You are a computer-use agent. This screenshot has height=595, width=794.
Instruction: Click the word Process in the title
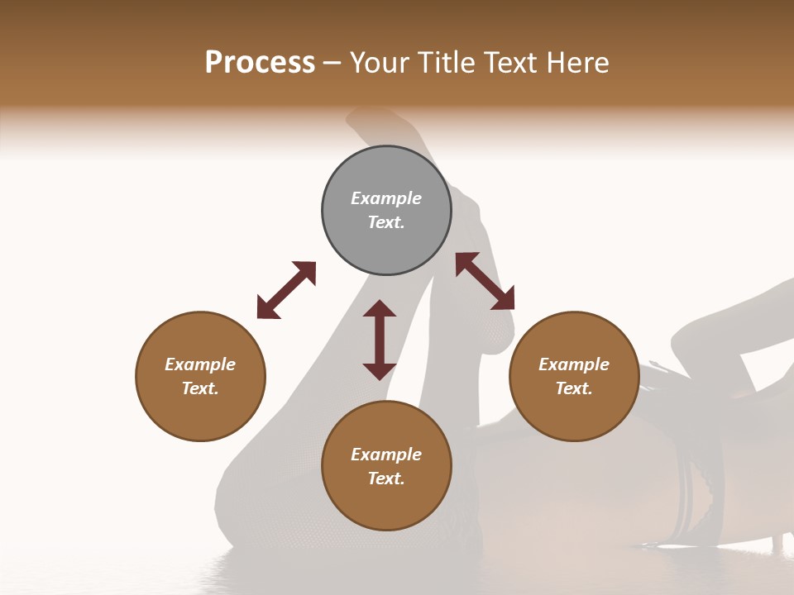[x=260, y=63]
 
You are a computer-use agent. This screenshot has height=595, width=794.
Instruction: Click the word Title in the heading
[x=444, y=63]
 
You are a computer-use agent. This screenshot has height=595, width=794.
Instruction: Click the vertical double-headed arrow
[x=380, y=340]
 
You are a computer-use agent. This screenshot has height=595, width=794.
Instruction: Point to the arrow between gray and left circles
[x=286, y=290]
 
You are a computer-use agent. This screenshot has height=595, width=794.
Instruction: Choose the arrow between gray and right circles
[x=485, y=281]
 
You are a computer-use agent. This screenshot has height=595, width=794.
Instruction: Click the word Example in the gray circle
[x=386, y=198]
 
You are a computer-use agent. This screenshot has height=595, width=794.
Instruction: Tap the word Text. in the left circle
[x=200, y=388]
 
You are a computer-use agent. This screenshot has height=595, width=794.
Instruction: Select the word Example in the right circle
[x=574, y=364]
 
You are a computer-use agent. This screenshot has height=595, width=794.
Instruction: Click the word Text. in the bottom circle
[x=386, y=478]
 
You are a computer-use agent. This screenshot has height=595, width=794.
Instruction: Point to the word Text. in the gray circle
[x=386, y=222]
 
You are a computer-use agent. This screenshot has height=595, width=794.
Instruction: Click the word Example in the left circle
[x=200, y=364]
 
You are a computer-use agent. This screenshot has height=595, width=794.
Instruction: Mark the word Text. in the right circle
[x=574, y=388]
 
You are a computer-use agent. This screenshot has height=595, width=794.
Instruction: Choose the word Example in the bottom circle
[x=386, y=455]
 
